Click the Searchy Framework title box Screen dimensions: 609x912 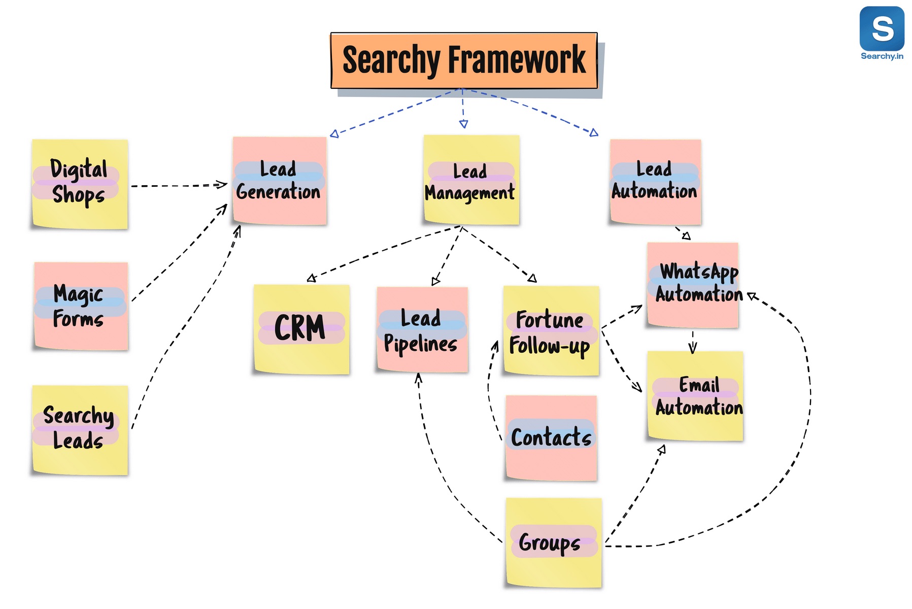[464, 60]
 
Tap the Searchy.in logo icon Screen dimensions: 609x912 [882, 29]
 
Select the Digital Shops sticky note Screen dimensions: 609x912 [80, 184]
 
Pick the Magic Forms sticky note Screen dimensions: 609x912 [81, 306]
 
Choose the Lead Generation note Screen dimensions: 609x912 [280, 181]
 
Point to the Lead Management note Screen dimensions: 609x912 [471, 180]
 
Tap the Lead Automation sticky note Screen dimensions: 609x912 [655, 182]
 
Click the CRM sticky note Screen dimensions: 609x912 [301, 329]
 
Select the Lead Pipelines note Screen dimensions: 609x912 [422, 330]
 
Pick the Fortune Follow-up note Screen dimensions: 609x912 [551, 331]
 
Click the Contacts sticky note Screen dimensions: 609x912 [551, 438]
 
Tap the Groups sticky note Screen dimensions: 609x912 [554, 543]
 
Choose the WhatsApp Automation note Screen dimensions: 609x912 [693, 285]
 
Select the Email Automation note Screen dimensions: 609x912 [695, 396]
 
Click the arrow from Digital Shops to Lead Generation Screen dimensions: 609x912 [178, 186]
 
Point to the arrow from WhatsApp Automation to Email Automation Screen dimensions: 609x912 [693, 343]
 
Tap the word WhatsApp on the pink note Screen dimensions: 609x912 [699, 272]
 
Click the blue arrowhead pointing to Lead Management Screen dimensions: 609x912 [463, 124]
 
